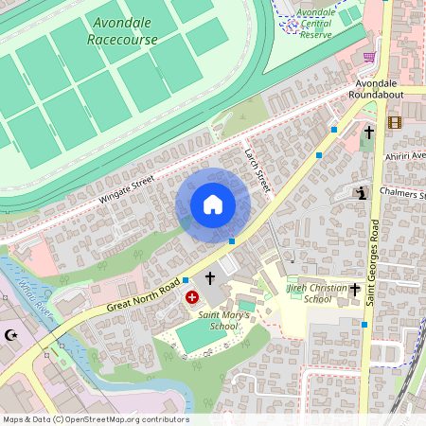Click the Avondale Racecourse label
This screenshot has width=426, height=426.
122,30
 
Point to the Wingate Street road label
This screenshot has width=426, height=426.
126,186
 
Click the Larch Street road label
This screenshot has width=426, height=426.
257,170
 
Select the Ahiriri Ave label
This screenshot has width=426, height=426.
406,155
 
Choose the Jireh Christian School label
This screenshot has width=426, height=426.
311,293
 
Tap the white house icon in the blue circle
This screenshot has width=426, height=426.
213,204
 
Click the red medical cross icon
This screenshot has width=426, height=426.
193,297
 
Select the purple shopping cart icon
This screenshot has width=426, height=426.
369,57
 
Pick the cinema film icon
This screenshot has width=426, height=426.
395,122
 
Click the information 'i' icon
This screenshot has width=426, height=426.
362,194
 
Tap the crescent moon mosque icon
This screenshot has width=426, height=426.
12,335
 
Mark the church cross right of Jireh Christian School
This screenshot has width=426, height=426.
356,289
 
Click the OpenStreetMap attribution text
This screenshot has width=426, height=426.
95,419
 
